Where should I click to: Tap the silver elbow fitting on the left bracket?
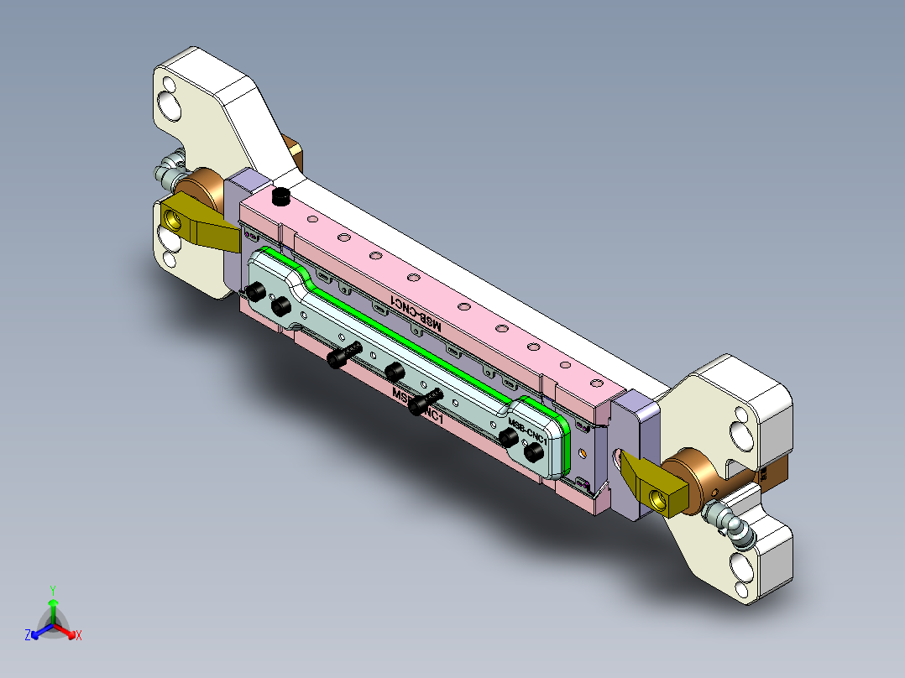170,166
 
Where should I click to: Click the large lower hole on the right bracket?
741,566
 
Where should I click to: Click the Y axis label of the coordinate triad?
53,590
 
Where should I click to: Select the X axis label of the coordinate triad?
79,635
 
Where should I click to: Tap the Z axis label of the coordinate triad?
28,635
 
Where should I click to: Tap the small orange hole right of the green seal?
582,452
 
